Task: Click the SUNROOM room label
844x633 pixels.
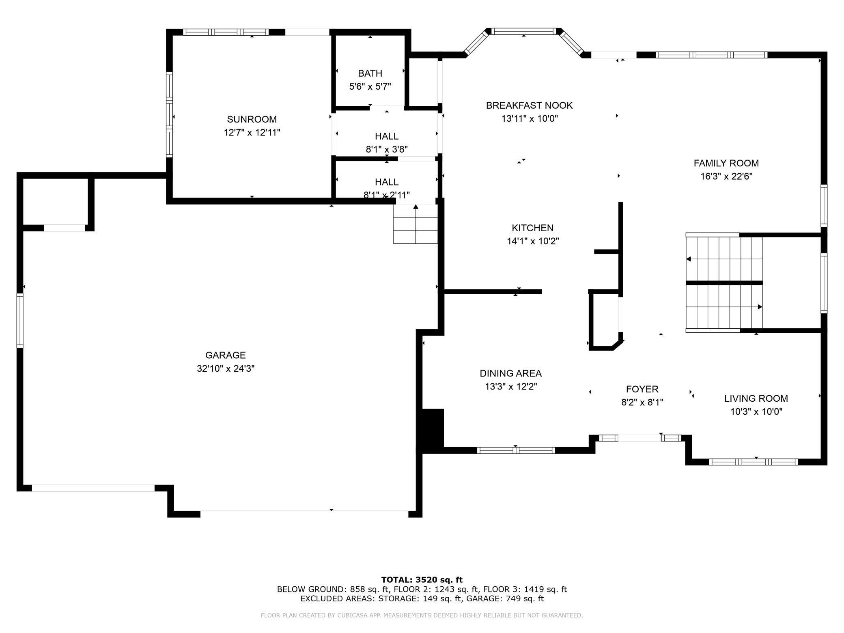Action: [x=252, y=119]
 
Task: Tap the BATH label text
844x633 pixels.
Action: [x=370, y=73]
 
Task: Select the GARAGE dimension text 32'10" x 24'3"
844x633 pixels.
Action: [x=226, y=368]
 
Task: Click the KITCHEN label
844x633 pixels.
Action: [x=533, y=228]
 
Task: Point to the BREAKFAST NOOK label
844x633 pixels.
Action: [x=530, y=105]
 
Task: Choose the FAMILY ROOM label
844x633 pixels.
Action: [x=726, y=163]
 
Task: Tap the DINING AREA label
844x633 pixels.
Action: [x=511, y=373]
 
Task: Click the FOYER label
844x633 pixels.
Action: [x=642, y=390]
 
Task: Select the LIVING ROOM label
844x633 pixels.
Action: [x=756, y=398]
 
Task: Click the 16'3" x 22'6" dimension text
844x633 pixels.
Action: [x=726, y=177]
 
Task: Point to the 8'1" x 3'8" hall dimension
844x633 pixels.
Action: [x=387, y=149]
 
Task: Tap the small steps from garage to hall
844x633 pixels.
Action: [x=416, y=224]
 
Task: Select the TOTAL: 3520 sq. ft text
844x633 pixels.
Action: [x=422, y=580]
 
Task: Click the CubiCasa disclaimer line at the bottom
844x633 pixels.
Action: [x=422, y=616]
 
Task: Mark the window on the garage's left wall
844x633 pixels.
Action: [x=20, y=321]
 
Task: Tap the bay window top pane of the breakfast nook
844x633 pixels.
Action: [x=523, y=31]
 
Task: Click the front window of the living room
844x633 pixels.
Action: [x=754, y=462]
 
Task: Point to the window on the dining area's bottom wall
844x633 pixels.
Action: [x=516, y=450]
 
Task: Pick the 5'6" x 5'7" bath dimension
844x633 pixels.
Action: [x=370, y=86]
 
